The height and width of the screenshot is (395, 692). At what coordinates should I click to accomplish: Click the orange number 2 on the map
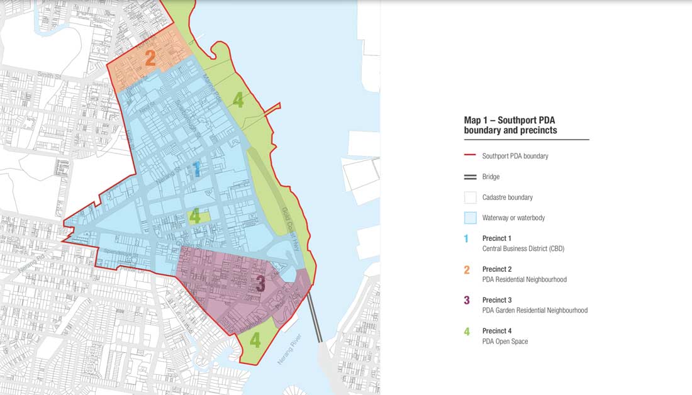(x=150, y=58)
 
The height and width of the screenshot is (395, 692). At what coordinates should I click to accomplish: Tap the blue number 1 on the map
(x=196, y=169)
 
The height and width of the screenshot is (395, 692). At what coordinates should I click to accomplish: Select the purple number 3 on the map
(x=260, y=284)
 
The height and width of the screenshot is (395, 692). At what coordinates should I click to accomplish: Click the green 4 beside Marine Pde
(x=238, y=99)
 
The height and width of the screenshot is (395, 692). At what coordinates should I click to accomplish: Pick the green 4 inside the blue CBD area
(x=196, y=216)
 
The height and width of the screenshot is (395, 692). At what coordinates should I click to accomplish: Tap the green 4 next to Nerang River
(x=255, y=340)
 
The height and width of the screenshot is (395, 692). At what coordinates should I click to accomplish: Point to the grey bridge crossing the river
(x=315, y=318)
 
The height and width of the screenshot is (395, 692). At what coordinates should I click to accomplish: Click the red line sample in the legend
(x=470, y=156)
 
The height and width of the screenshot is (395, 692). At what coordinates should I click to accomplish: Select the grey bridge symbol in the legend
(x=470, y=177)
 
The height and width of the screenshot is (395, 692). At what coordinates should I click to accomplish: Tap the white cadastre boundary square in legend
(x=470, y=197)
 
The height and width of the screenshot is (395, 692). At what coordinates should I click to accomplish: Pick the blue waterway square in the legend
(x=470, y=218)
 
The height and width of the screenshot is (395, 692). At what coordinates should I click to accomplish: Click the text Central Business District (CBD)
(x=523, y=248)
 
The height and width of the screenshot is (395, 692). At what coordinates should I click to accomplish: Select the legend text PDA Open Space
(x=505, y=342)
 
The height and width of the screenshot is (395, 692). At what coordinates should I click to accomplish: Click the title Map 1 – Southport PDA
(x=510, y=120)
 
